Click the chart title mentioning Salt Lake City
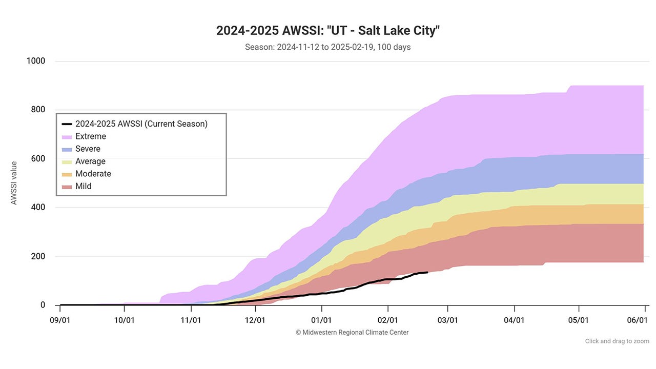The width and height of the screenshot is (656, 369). tap(328, 30)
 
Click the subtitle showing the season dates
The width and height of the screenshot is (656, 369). tap(328, 47)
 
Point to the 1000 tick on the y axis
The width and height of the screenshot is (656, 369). tap(36, 61)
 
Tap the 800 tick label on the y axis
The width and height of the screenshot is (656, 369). tap(38, 110)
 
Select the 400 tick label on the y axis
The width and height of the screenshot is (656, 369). tap(38, 208)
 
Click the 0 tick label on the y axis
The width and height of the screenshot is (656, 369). tap(43, 305)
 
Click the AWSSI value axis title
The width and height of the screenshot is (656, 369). tap(14, 183)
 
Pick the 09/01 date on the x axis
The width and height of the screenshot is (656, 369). tap(60, 320)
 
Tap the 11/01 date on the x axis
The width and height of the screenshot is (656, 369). tap(191, 320)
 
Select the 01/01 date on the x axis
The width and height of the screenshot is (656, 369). tap(322, 320)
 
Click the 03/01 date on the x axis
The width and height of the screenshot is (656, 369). tap(448, 320)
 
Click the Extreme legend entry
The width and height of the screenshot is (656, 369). tap(90, 136)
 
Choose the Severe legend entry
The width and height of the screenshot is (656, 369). tap(88, 149)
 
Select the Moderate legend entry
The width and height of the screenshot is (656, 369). tap(93, 174)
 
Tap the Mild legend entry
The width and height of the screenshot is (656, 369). tap(83, 186)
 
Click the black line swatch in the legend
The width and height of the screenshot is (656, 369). tap(67, 124)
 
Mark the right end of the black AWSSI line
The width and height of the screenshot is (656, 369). tap(427, 272)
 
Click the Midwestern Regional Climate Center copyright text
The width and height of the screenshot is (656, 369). tap(352, 333)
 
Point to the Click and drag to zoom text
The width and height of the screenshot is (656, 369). tap(617, 341)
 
